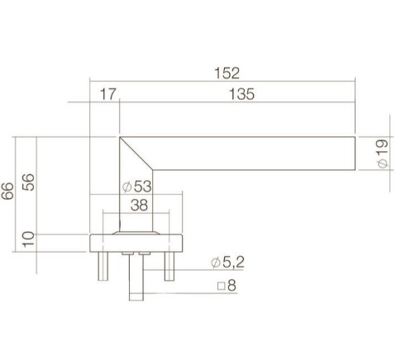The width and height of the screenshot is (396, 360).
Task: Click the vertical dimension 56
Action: [28, 183]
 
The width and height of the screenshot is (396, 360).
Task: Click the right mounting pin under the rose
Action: [171, 266]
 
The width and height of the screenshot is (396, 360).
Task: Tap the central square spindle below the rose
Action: [136, 277]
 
